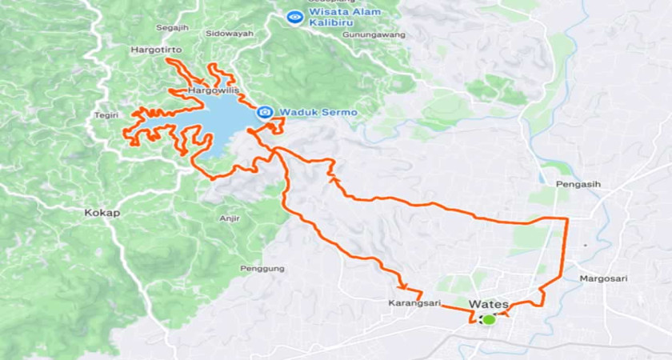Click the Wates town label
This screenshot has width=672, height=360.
tap(490, 304)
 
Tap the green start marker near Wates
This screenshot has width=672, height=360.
tap(488, 319)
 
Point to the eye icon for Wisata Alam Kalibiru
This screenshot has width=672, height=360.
tap(295, 16)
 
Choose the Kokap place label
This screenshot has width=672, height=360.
tap(99, 214)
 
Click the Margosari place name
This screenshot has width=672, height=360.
tap(605, 278)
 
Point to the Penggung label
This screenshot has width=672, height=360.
tap(262, 269)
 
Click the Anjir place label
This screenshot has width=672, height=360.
tap(229, 218)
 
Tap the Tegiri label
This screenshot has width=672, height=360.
tap(106, 114)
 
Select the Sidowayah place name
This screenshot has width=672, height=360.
tap(229, 34)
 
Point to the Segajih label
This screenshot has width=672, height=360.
tap(171, 28)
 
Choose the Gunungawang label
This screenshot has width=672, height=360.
tap(374, 35)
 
